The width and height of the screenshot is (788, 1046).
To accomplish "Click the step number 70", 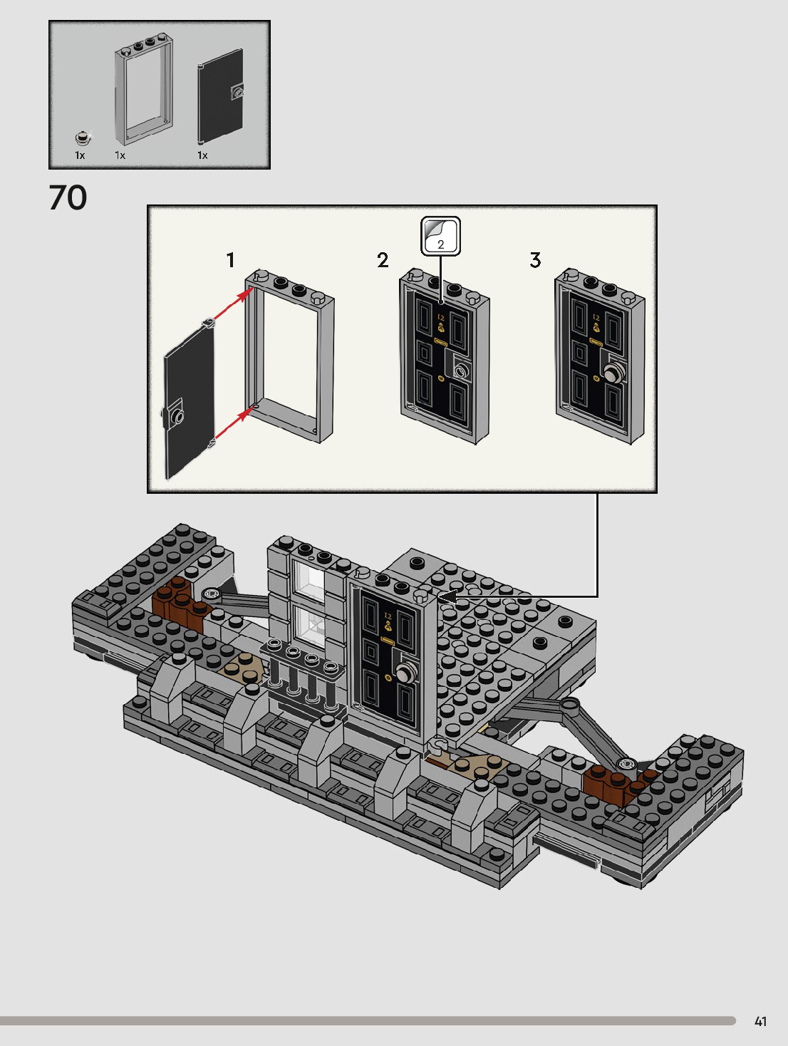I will (68, 198).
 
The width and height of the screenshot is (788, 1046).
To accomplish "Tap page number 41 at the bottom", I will (760, 1021).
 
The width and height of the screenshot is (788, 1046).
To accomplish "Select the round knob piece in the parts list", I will (83, 138).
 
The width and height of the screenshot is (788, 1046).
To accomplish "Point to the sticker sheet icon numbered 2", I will (440, 236).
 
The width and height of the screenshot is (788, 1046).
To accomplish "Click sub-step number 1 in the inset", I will (230, 260).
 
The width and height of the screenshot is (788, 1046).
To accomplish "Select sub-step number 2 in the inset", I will (383, 260).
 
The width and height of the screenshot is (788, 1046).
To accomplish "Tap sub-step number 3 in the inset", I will (535, 260).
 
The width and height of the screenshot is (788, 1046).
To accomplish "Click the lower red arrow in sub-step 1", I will (232, 425).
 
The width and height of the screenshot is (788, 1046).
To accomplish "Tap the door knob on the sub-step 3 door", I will (613, 373).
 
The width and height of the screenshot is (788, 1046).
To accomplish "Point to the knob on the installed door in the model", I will (405, 673).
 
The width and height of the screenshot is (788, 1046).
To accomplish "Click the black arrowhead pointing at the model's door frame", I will (446, 596).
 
